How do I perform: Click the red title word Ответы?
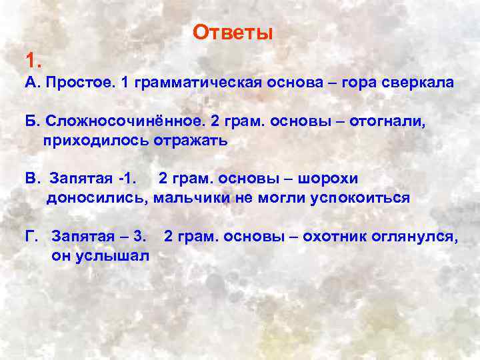point(233,33)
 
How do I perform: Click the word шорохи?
point(329,179)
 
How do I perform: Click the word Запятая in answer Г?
point(81,236)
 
